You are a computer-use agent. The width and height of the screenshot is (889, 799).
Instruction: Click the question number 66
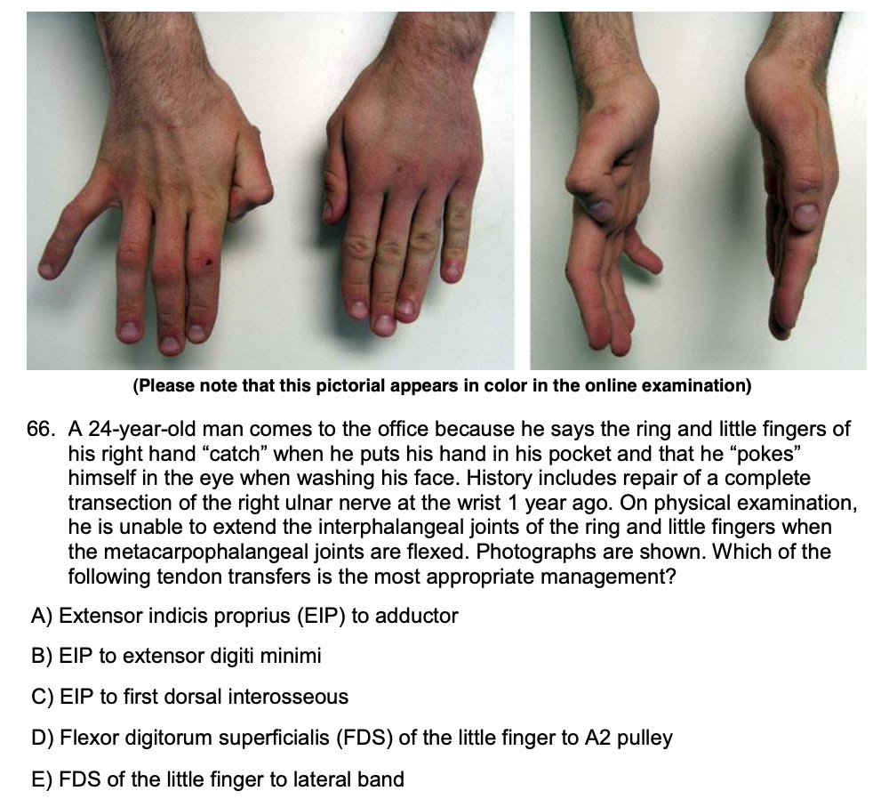(41, 429)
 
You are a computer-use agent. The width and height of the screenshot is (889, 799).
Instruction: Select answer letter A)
(42, 616)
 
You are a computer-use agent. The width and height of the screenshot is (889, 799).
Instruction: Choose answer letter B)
(42, 656)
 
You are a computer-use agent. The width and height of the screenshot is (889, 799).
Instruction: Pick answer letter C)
(43, 697)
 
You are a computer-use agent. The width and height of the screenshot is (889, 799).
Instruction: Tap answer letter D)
(43, 738)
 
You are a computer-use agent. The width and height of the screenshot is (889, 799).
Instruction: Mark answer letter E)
(42, 779)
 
